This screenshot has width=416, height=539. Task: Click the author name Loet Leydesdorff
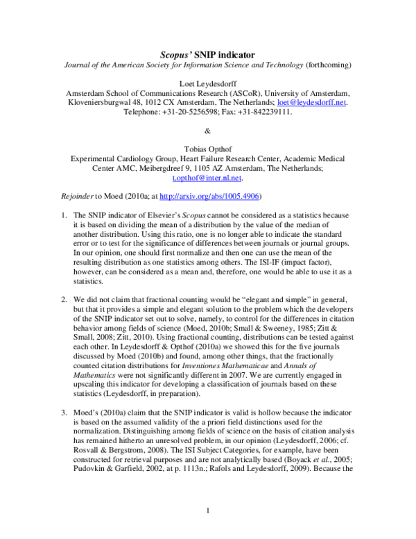[207, 83]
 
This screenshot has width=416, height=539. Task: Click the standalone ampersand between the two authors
[207, 131]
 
